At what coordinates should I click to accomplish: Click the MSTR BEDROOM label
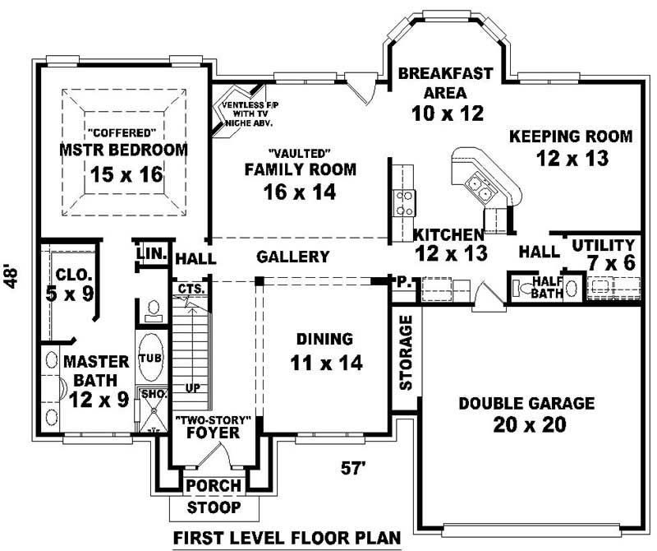[x=123, y=150]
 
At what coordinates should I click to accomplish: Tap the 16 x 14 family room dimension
[x=300, y=192]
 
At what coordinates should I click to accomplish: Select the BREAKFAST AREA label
[x=445, y=82]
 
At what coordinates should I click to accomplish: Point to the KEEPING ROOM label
[x=571, y=136]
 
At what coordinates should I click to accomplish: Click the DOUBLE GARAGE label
[x=526, y=403]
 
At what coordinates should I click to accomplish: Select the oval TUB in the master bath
[x=149, y=358]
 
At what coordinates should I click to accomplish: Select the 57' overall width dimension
[x=353, y=469]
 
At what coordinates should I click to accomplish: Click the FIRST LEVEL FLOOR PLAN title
[x=287, y=538]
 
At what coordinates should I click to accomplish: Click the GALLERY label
[x=293, y=257]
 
